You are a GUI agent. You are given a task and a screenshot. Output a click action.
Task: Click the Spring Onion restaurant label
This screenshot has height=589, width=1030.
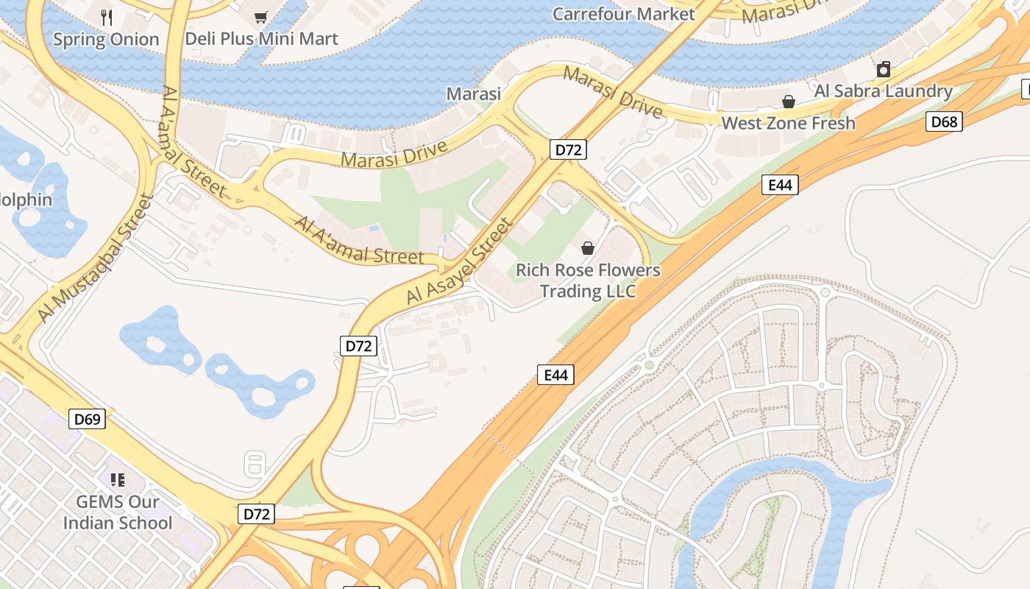click(106, 40)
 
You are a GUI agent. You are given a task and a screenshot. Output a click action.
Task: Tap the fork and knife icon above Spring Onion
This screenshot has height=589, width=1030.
click(107, 17)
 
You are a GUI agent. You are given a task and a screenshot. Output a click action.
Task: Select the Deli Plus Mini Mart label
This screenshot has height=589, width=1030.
click(261, 38)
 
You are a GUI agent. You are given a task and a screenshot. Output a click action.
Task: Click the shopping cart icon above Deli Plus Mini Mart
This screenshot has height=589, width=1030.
click(260, 16)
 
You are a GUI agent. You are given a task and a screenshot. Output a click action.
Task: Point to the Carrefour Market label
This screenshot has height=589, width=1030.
click(623, 14)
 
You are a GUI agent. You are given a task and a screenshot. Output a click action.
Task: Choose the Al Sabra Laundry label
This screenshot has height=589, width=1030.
click(883, 91)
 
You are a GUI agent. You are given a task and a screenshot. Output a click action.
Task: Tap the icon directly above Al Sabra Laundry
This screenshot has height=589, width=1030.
click(884, 70)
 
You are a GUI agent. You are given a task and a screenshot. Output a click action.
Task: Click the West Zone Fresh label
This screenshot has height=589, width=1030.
click(788, 123)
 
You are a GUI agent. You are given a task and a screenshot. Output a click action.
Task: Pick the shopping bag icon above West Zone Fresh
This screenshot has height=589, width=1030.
click(788, 102)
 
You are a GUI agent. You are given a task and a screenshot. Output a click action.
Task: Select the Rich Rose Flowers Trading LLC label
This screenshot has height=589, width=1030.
click(588, 281)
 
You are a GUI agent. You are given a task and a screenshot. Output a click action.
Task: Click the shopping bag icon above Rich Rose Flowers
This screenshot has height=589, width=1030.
click(588, 248)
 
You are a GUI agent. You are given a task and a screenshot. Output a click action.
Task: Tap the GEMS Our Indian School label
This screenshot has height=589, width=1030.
click(118, 512)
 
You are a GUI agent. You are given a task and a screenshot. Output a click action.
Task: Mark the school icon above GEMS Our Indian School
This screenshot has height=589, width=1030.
click(118, 480)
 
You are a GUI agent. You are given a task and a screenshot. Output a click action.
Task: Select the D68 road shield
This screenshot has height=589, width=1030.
click(944, 121)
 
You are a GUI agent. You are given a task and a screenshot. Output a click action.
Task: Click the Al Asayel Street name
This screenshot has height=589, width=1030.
click(458, 262)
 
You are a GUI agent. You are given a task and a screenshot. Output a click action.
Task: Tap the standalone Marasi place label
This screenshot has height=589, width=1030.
click(474, 94)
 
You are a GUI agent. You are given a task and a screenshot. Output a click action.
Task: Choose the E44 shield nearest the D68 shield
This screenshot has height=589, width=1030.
click(780, 185)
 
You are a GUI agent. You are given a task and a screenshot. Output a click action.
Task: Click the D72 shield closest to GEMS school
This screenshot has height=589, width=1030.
click(256, 514)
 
